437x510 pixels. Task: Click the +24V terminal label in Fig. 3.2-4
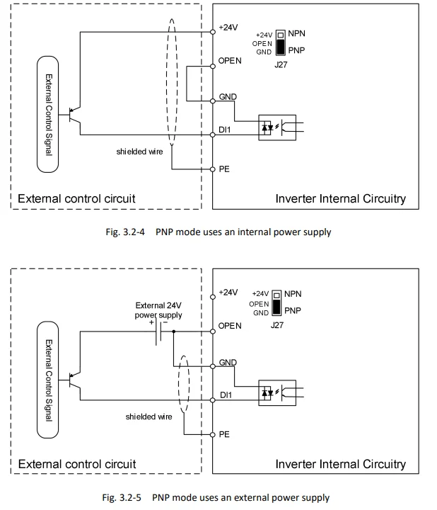[x=228, y=27]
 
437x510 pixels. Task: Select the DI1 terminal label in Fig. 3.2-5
[x=226, y=395]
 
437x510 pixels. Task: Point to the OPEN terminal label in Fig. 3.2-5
[x=230, y=326]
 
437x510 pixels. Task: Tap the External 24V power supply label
[x=158, y=310]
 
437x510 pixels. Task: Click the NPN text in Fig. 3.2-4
[x=298, y=34]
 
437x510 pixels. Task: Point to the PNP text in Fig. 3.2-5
[x=293, y=310]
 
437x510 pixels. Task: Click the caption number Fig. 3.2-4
[x=124, y=232]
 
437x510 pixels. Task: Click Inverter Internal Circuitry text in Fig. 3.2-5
[x=340, y=465]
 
